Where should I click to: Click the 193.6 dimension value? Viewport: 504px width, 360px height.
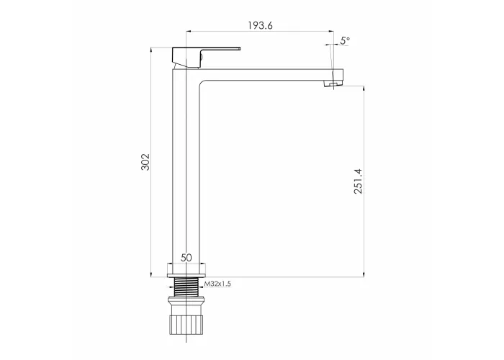(x=260, y=25)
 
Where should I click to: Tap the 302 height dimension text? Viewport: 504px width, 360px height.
(x=145, y=162)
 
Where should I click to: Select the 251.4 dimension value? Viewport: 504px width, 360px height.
(x=358, y=181)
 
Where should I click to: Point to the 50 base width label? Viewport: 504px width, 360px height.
(x=186, y=258)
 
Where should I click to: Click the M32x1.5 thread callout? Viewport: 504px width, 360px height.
(x=217, y=284)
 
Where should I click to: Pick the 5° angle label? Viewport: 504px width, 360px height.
(x=345, y=40)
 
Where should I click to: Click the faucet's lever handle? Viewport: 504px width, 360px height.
(x=207, y=58)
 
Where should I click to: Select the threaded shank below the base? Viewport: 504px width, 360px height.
(x=186, y=287)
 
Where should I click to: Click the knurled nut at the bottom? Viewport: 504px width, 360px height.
(x=186, y=324)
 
